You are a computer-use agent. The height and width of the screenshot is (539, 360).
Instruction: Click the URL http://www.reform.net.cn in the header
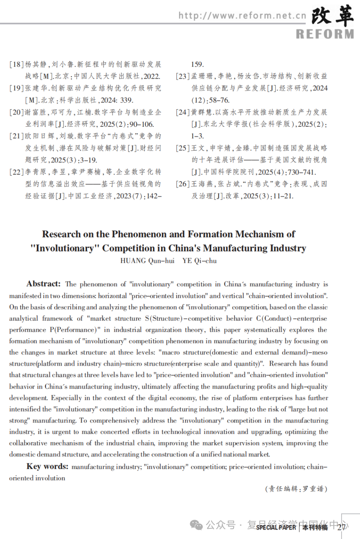point(242,16)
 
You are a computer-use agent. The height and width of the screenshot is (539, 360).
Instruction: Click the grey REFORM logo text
point(324,34)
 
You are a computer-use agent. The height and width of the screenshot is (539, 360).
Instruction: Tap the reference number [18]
point(16,65)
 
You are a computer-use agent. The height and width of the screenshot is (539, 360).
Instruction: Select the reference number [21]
point(16,136)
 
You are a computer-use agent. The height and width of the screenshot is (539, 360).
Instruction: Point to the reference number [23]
point(183,76)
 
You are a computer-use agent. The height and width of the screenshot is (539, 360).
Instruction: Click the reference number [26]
point(183,184)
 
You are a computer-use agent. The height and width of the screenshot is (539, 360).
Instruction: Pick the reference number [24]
point(183,112)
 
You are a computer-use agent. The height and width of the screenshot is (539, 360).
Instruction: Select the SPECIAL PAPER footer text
point(276,528)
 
